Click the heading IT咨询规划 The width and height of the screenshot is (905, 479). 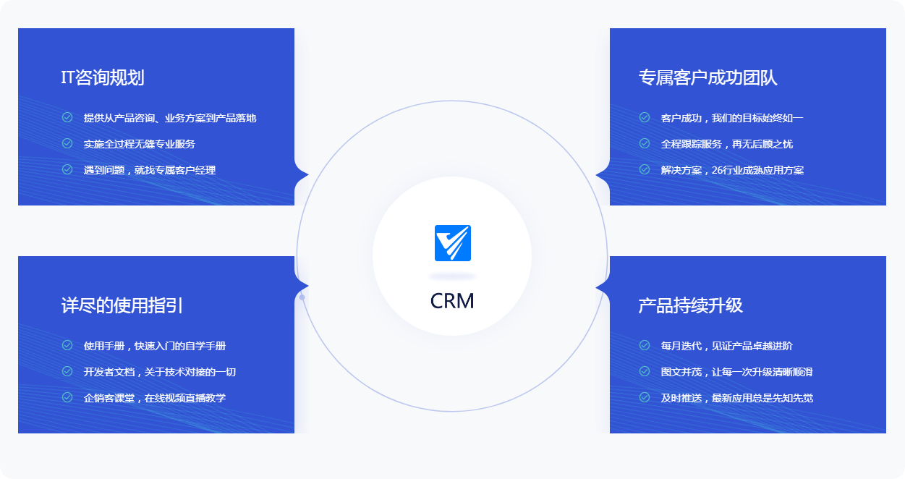pyautogui.click(x=103, y=78)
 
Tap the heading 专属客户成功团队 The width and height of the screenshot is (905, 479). pyautogui.click(x=708, y=78)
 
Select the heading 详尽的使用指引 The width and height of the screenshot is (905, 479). pyautogui.click(x=122, y=305)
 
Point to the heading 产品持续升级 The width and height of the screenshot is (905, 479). pyautogui.click(x=690, y=305)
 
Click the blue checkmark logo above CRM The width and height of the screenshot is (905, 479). pyautogui.click(x=453, y=243)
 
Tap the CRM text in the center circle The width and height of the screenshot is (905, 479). pyautogui.click(x=452, y=301)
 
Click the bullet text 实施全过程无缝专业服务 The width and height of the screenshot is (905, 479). pyautogui.click(x=139, y=144)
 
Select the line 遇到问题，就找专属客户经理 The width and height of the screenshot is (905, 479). pyautogui.click(x=149, y=170)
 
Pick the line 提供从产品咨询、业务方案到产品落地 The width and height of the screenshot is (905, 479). pyautogui.click(x=169, y=118)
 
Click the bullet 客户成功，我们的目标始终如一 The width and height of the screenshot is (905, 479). pyautogui.click(x=731, y=118)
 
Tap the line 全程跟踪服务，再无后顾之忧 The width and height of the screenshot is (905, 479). pyautogui.click(x=726, y=144)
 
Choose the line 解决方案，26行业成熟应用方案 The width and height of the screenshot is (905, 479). pyautogui.click(x=731, y=170)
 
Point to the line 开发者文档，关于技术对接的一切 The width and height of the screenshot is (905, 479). pyautogui.click(x=159, y=372)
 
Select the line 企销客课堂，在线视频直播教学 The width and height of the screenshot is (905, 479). pyautogui.click(x=154, y=398)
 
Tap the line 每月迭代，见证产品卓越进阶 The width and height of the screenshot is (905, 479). pyautogui.click(x=726, y=346)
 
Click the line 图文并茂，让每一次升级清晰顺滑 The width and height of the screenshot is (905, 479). pyautogui.click(x=736, y=372)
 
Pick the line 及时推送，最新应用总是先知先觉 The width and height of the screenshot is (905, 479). pyautogui.click(x=736, y=398)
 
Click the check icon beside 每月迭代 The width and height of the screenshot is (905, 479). pyautogui.click(x=645, y=345)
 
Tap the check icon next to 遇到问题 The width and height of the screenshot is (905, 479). pyautogui.click(x=67, y=169)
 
